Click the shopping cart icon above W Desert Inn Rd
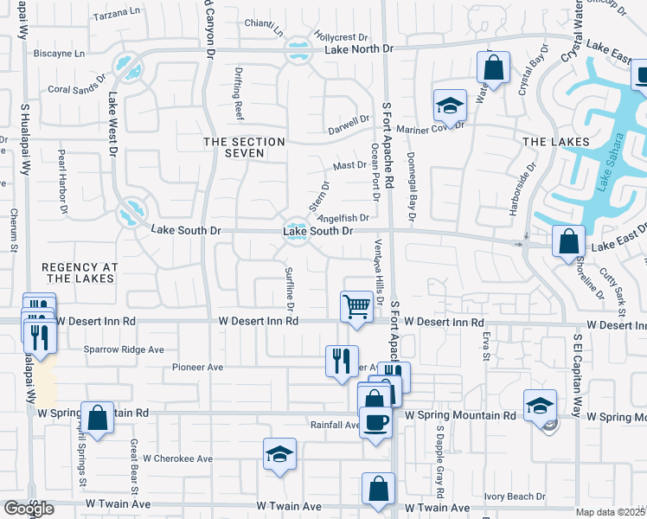357,306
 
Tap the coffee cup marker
375,422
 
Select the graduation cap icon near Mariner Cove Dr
450,106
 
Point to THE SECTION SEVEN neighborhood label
243,147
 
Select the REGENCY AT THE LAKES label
78,272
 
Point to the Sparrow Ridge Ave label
124,350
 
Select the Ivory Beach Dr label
515,497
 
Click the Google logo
29,509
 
